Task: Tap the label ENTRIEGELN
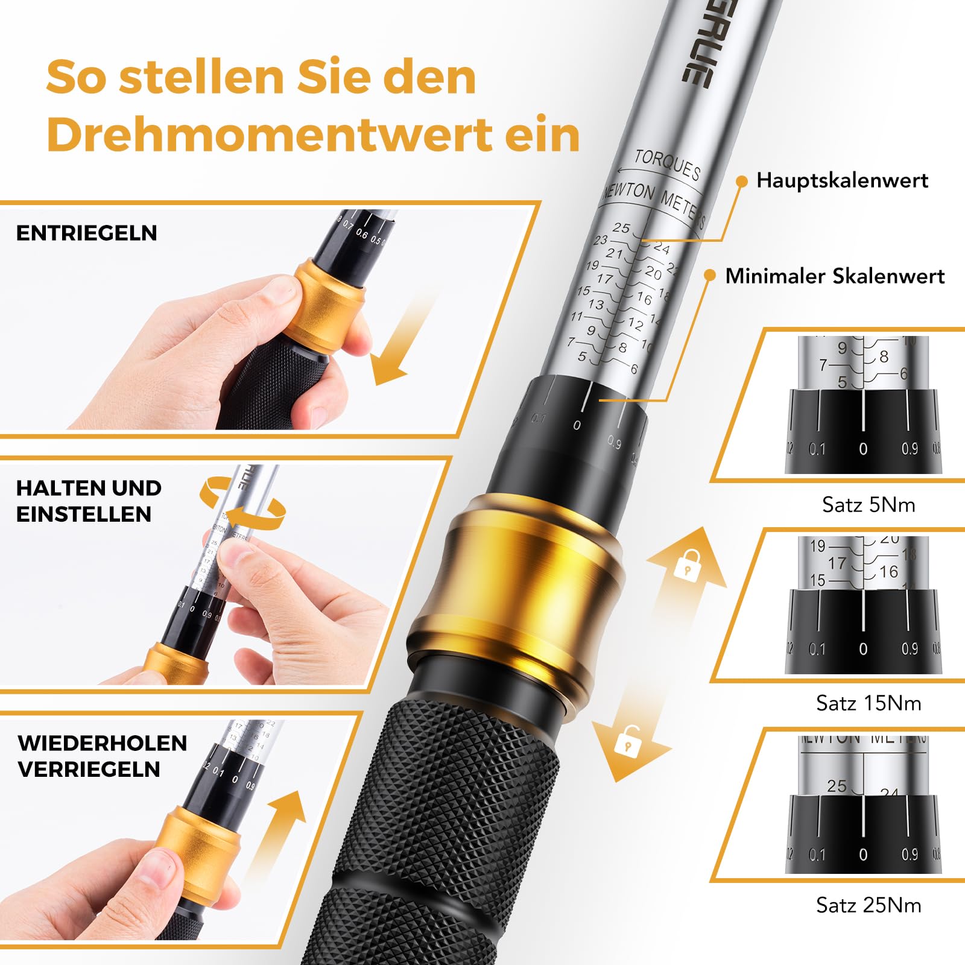tap(86, 233)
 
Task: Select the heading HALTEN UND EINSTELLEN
tap(89, 501)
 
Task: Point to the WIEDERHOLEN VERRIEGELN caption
tap(102, 756)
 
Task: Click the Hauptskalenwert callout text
tap(842, 180)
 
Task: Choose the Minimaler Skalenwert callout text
tap(834, 276)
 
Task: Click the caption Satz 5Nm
tap(868, 504)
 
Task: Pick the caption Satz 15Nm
tap(868, 703)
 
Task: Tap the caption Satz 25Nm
tap(868, 905)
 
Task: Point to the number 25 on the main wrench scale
tap(621, 228)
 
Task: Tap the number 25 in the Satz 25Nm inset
tap(837, 786)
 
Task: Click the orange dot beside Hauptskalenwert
tap(742, 181)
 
